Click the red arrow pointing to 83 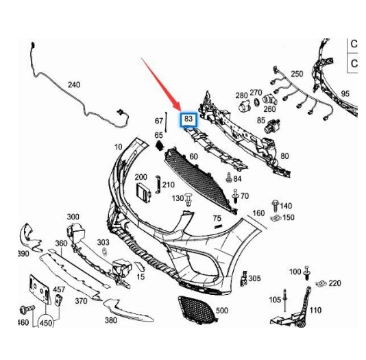pyautogui.click(x=162, y=83)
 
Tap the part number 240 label pyautogui.click(x=73, y=85)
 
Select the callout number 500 pyautogui.click(x=221, y=311)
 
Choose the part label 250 pyautogui.click(x=296, y=73)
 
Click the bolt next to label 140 pyautogui.click(x=276, y=205)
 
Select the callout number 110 pyautogui.click(x=315, y=310)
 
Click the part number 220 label pyautogui.click(x=334, y=283)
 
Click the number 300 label pyautogui.click(x=73, y=217)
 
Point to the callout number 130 pyautogui.click(x=177, y=197)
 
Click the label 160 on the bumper pyautogui.click(x=258, y=213)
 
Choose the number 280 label pyautogui.click(x=241, y=95)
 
